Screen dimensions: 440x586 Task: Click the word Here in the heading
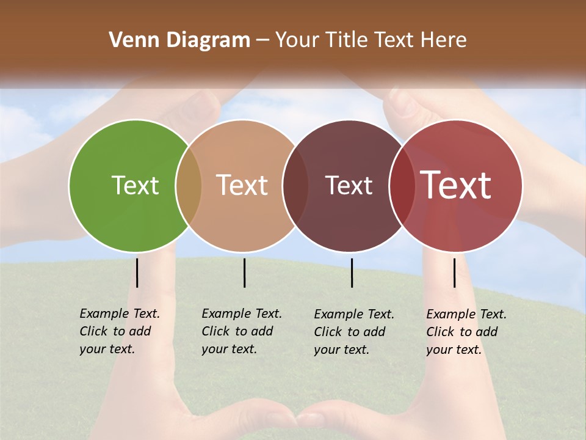(x=444, y=40)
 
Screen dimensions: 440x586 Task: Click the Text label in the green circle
(x=135, y=185)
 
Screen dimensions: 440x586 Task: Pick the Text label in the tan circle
(x=242, y=185)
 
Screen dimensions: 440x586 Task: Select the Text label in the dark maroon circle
(x=349, y=185)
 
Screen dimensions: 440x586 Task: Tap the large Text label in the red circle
(x=456, y=185)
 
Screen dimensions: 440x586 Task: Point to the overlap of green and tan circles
(x=189, y=185)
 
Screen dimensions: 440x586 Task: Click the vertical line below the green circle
(x=137, y=273)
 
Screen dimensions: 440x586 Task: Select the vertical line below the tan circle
(x=244, y=273)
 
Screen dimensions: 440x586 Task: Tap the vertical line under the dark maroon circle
(x=352, y=273)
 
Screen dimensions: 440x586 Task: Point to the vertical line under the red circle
(x=455, y=273)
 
